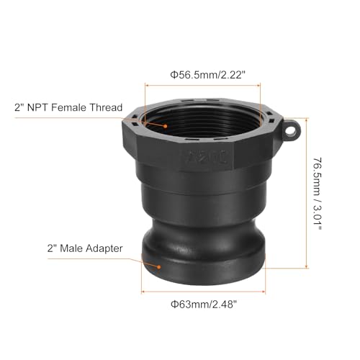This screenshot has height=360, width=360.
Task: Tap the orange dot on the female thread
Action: coord(166,125)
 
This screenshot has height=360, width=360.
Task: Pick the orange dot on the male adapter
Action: coord(156,264)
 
